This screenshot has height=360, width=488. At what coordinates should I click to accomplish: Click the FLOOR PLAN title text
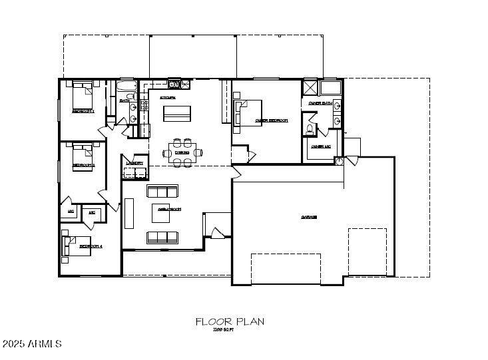coord(230,321)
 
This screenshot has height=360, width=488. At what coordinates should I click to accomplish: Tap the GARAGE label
coord(308,217)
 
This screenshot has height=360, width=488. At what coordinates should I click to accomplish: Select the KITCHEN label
coord(167,98)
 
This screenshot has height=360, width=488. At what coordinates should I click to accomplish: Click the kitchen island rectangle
coord(177,114)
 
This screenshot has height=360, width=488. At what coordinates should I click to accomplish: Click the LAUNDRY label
coord(135,162)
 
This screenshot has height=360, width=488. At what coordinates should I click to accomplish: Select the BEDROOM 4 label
coord(90,246)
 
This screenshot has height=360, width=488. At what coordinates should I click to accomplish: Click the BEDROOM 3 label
coord(83,164)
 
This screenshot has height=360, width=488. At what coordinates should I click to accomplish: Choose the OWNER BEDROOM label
coord(271,121)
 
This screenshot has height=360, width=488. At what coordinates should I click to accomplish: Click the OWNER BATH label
coord(320,103)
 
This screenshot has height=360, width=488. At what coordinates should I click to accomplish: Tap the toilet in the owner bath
coord(310,129)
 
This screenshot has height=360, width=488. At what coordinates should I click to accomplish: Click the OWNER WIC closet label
coord(320,146)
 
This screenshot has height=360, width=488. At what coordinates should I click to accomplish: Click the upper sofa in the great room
coord(162,192)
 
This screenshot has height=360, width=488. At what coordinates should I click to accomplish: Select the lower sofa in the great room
coord(162,236)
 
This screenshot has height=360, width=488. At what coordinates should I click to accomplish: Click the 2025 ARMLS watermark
coord(32,344)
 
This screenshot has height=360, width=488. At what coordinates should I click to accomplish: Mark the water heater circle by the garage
coord(340,161)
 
